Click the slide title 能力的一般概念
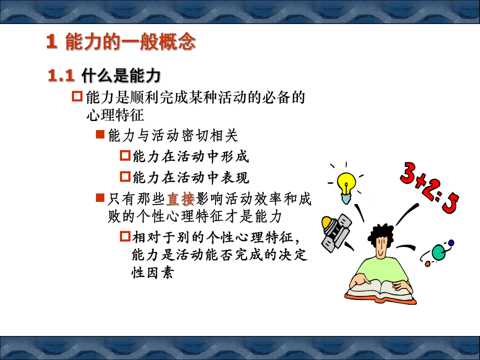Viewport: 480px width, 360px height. [x=121, y=42]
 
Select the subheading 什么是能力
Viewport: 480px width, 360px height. [x=121, y=76]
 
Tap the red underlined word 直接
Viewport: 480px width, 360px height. [x=181, y=199]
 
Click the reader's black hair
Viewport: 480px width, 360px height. [x=382, y=233]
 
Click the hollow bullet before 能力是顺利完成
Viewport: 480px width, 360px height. [x=77, y=97]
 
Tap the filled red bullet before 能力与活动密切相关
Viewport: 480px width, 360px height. [x=101, y=136]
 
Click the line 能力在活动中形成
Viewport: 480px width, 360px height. [x=191, y=156]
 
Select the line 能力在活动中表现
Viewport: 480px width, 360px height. [x=191, y=177]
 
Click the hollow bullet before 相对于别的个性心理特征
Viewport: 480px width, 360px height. [x=125, y=237]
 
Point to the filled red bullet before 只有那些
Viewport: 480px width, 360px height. [x=101, y=198]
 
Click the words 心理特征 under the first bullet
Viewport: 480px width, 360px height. [x=114, y=114]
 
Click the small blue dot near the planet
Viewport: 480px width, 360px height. [x=451, y=243]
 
